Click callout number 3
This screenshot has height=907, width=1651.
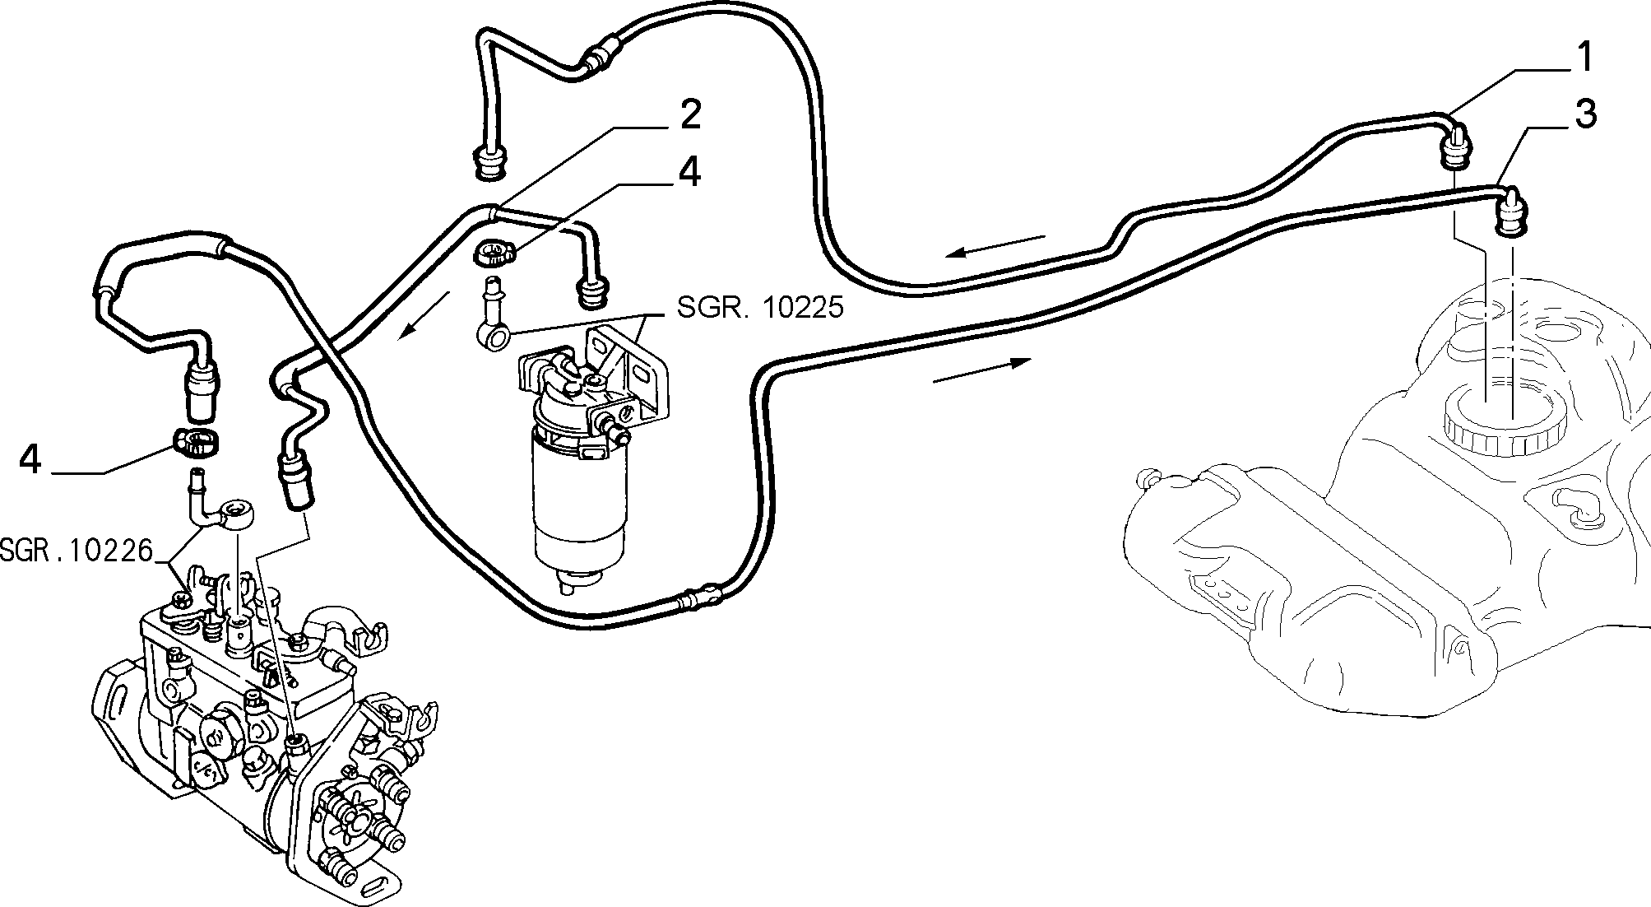[1584, 114]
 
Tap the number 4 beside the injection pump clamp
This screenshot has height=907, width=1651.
[30, 459]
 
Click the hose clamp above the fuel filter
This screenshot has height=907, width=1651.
[494, 253]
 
